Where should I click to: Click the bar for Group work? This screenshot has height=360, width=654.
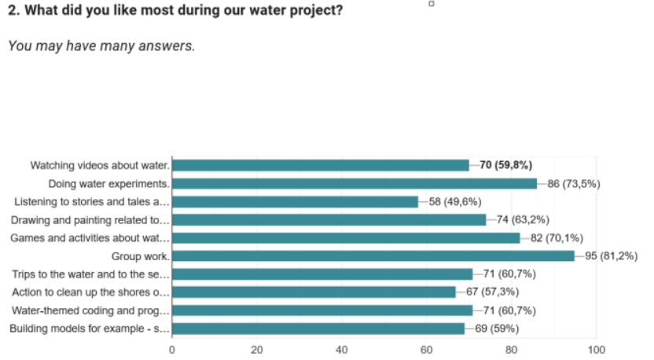[x=373, y=256]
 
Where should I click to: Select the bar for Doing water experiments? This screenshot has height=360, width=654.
[x=355, y=184]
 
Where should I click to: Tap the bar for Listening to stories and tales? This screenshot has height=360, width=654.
[x=296, y=202]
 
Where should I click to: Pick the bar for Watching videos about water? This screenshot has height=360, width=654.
[x=321, y=166]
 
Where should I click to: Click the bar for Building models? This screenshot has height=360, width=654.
[x=318, y=329]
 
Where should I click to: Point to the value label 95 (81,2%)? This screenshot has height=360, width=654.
[x=611, y=255]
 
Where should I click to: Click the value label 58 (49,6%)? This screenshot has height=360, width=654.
[x=455, y=202]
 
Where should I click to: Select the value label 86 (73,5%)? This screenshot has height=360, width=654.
[x=574, y=184]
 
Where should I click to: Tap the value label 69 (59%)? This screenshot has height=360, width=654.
[x=497, y=329]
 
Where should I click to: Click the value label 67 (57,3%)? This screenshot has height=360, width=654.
[x=492, y=292]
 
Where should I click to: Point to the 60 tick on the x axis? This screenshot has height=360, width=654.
[x=426, y=350]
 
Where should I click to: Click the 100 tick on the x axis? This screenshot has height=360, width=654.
[x=596, y=350]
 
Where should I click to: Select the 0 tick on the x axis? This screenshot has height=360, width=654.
[x=172, y=350]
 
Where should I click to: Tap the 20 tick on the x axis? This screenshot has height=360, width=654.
[x=257, y=350]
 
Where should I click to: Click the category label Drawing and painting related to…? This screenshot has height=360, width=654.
[x=90, y=220]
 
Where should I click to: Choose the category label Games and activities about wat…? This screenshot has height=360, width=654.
[x=90, y=238]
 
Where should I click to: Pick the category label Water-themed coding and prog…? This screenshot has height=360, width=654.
[x=90, y=310]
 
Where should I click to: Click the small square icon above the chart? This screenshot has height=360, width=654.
[x=432, y=4]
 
